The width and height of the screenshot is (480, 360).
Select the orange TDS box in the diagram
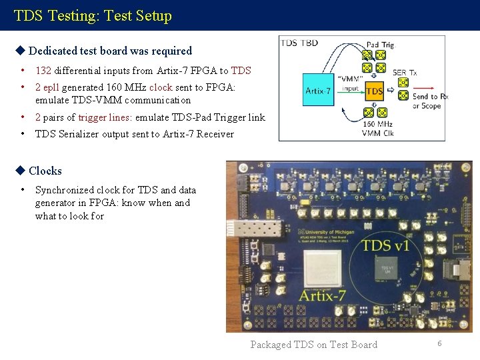[374, 91]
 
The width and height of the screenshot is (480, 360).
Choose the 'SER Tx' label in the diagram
[405, 73]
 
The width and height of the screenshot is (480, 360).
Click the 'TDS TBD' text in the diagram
[299, 43]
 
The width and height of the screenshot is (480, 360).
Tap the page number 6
[440, 343]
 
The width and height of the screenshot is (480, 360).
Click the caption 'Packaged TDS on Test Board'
[313, 345]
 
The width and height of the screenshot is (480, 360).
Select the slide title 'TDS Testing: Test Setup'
[93, 15]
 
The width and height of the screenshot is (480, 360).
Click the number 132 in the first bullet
[43, 71]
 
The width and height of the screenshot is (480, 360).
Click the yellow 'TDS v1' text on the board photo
[386, 245]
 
